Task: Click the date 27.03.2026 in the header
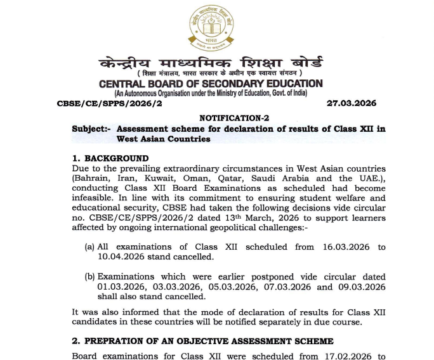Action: tap(352, 103)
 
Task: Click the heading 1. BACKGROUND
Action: tap(110, 158)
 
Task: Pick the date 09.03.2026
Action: tap(360, 287)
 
